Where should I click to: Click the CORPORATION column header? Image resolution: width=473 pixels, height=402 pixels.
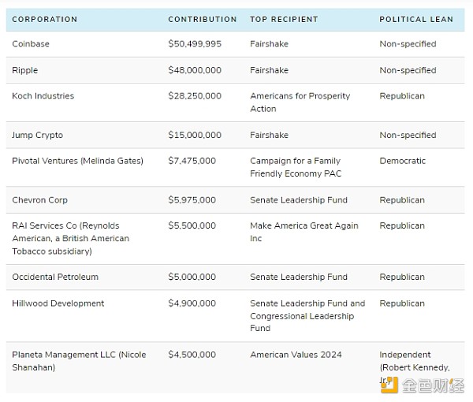point(45,19)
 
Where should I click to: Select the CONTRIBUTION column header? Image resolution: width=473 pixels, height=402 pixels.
point(202,19)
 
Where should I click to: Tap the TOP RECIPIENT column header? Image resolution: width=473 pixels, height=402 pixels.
point(284,19)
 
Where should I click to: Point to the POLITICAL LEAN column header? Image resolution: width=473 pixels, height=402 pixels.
point(416,19)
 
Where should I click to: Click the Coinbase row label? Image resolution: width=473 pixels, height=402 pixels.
point(31,44)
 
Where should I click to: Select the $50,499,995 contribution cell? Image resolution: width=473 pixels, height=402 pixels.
point(195,44)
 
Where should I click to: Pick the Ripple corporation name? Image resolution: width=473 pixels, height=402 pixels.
point(25,70)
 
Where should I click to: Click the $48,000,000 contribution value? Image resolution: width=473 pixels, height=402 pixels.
point(195,70)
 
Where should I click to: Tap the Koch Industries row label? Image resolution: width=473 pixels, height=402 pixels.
point(43,96)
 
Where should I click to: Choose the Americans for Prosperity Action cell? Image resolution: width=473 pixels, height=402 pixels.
point(300,102)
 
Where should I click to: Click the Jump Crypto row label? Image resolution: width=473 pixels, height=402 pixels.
point(38,135)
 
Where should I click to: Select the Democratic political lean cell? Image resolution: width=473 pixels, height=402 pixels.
point(402,161)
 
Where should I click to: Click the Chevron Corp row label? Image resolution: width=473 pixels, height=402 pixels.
point(40,200)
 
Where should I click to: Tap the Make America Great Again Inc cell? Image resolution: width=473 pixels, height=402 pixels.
point(304,232)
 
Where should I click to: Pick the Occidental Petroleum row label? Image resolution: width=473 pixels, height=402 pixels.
point(55,277)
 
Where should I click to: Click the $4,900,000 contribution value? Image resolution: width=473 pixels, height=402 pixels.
point(192,303)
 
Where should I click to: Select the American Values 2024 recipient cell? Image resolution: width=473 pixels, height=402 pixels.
point(296,355)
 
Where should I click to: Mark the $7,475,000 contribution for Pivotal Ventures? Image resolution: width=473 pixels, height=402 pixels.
point(192,161)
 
